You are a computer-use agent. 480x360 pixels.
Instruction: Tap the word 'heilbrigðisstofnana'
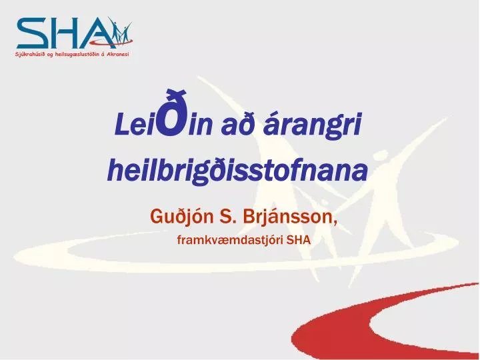pyautogui.click(x=237, y=171)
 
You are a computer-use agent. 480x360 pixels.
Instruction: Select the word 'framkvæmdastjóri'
pyautogui.click(x=229, y=240)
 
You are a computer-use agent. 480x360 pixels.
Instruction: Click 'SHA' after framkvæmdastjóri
pyautogui.click(x=298, y=240)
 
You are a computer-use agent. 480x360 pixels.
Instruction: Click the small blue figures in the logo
pyautogui.click(x=120, y=30)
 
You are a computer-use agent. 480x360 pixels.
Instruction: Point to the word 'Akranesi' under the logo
pyautogui.click(x=117, y=54)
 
